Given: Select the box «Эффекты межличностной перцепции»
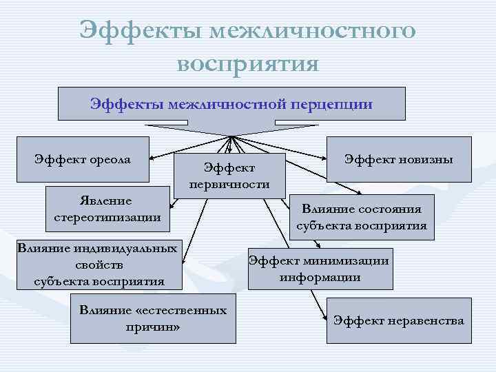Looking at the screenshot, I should (231, 104).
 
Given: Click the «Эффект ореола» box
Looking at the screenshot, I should (83, 160).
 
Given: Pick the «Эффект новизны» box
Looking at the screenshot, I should (399, 159).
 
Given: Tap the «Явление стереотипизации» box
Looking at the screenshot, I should (107, 209).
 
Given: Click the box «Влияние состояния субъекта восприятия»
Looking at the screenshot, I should (361, 217).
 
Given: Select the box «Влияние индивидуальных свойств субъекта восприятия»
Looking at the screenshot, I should (97, 265).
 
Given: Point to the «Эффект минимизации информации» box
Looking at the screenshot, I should (320, 269).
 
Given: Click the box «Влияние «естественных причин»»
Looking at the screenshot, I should (152, 318).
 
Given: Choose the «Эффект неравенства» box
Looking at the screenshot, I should (398, 320).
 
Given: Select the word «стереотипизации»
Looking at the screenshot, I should (107, 218).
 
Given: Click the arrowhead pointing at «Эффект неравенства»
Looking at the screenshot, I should (326, 319).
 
